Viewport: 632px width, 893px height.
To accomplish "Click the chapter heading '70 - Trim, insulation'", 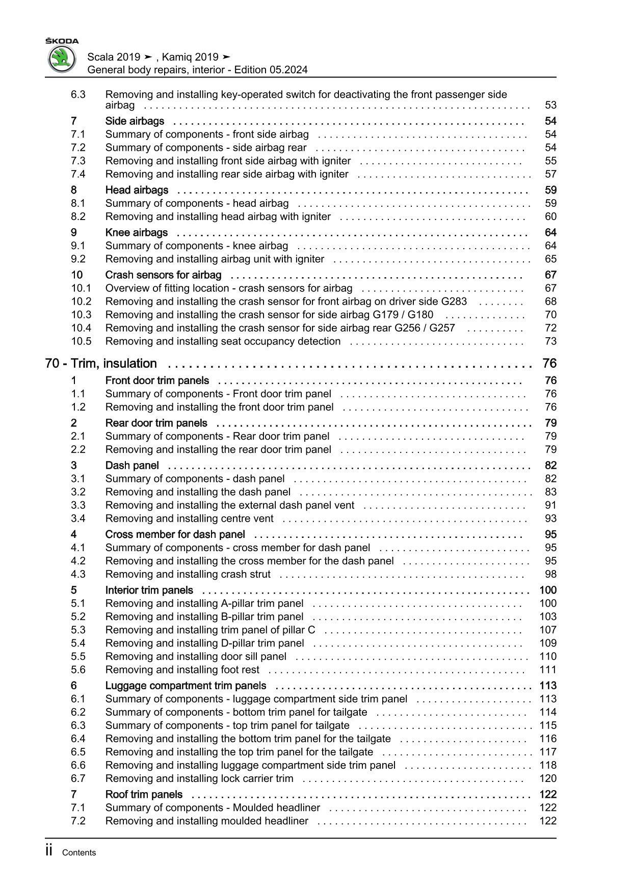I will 101,364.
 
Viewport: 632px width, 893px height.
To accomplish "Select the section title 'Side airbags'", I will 135,121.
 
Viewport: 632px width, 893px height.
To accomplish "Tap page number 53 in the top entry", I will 550,105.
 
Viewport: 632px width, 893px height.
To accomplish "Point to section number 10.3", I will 81,315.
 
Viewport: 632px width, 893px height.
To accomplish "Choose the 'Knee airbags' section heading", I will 136,233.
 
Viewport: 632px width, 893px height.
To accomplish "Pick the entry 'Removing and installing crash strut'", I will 188,575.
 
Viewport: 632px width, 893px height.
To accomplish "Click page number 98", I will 550,575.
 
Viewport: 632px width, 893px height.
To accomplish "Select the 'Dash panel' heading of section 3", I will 132,466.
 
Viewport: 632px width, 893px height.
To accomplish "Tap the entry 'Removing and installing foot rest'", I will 182,670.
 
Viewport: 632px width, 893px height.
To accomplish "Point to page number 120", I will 548,778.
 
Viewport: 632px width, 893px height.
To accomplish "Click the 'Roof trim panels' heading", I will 144,795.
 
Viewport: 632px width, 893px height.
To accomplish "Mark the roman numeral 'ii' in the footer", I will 49,851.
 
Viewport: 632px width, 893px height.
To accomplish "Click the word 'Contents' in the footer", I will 78,853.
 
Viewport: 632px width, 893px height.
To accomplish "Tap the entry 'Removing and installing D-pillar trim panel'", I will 204,643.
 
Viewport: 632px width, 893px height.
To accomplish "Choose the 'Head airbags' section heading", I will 137,190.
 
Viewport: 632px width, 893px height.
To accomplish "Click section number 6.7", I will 78,778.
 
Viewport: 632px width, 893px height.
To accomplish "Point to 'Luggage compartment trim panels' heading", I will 186,686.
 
